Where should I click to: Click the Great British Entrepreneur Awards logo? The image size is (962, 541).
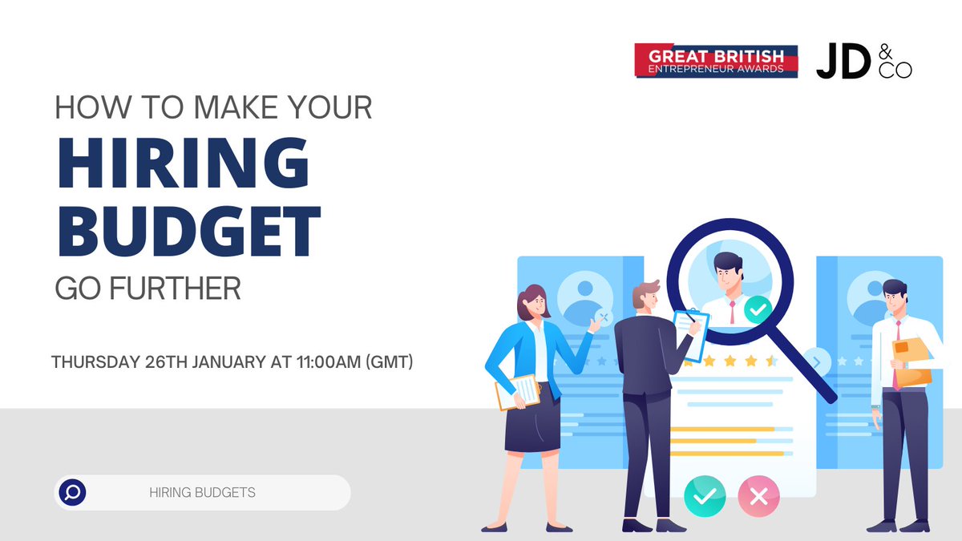(716, 61)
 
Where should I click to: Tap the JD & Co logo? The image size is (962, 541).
(863, 61)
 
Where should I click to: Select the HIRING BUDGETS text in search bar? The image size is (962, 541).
(202, 492)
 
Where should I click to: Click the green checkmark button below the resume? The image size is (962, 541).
(704, 497)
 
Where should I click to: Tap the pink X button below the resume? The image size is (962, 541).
(758, 497)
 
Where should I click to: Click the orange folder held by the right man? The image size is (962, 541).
(912, 361)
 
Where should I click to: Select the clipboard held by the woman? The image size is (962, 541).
(517, 392)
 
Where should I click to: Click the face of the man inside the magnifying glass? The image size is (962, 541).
(728, 273)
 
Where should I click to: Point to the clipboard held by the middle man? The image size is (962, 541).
(691, 333)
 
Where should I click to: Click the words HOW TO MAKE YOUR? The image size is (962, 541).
(213, 108)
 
